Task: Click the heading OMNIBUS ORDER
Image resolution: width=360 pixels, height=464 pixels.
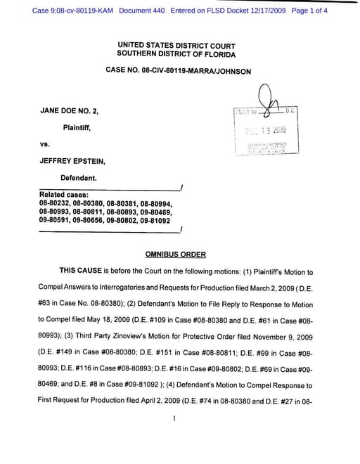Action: tap(176, 254)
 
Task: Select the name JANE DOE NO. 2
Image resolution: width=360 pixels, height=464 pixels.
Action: tap(70, 110)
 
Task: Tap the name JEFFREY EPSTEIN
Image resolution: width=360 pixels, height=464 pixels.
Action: tap(72, 160)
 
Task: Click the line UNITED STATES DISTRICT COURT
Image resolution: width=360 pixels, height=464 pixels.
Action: tap(176, 45)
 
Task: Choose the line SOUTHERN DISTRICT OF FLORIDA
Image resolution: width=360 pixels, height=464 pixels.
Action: tap(176, 54)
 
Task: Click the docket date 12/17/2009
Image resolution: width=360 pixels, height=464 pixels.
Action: tap(264, 11)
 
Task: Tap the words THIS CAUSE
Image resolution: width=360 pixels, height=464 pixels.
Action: tap(81, 270)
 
